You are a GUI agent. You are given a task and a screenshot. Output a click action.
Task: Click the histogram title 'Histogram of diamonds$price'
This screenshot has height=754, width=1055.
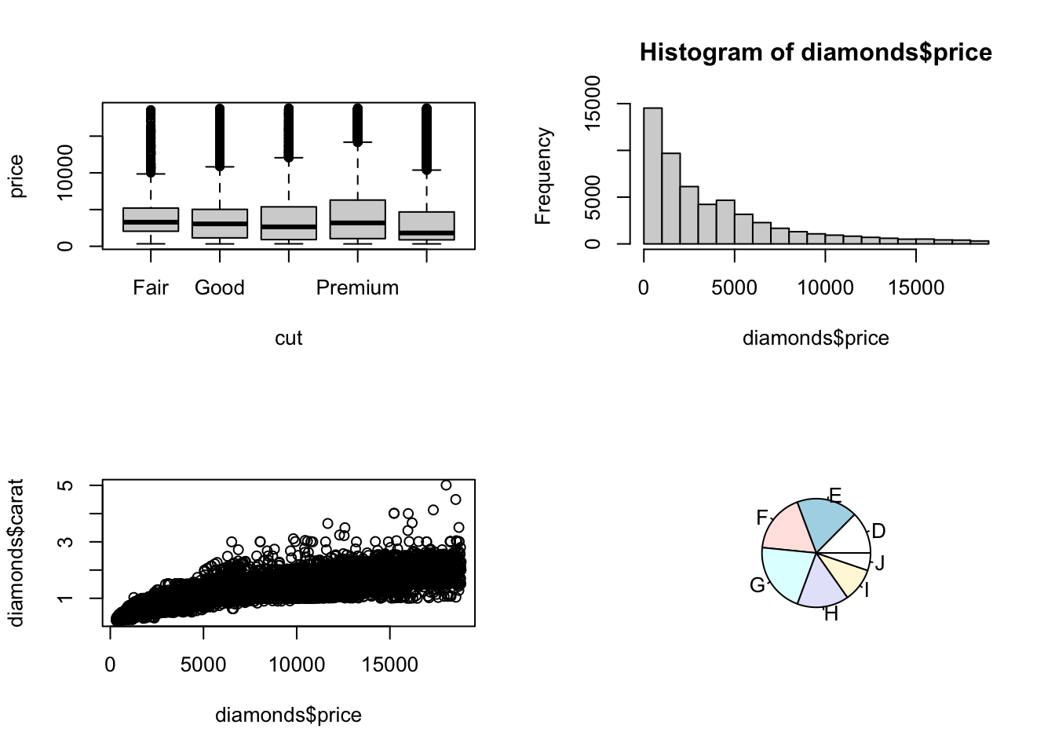(x=816, y=53)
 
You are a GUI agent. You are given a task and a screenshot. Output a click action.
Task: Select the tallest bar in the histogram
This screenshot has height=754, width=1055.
(x=653, y=176)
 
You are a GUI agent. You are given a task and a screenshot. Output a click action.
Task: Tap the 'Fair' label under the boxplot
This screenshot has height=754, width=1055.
(x=151, y=287)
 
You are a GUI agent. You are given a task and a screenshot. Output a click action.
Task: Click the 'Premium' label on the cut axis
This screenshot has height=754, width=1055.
(x=357, y=287)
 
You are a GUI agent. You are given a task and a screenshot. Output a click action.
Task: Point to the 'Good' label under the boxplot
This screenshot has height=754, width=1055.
(x=220, y=287)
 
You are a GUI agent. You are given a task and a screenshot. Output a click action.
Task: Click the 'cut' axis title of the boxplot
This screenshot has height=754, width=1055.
(x=288, y=338)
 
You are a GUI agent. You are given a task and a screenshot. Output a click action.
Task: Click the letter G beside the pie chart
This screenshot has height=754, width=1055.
(x=757, y=585)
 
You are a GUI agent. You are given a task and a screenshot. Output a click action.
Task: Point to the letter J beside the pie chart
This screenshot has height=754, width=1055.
(x=880, y=562)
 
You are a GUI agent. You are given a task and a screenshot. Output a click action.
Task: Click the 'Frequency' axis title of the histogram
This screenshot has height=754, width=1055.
(x=542, y=176)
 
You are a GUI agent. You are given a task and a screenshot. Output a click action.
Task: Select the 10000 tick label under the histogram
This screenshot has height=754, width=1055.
(x=825, y=287)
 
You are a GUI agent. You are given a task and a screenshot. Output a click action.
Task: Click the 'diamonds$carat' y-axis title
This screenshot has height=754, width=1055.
(x=16, y=553)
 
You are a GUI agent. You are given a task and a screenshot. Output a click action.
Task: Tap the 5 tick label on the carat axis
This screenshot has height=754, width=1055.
(x=66, y=485)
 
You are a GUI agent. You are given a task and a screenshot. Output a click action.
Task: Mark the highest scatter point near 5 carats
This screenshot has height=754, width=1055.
(x=446, y=485)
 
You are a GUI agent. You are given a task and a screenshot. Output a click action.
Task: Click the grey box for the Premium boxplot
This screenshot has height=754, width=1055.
(x=357, y=219)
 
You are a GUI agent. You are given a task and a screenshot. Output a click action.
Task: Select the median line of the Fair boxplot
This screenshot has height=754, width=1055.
(x=151, y=222)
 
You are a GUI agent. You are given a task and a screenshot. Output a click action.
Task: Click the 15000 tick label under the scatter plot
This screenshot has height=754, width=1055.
(x=390, y=664)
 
